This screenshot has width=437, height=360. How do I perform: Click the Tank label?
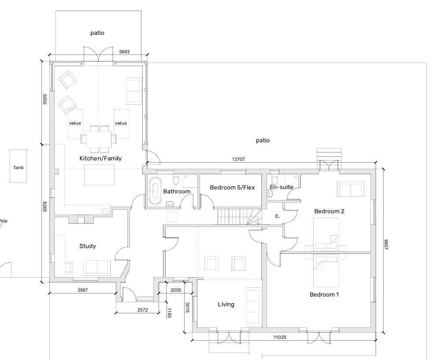point(19,167)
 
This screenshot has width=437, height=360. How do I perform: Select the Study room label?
point(88,246)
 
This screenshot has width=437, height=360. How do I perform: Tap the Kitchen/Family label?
point(100,159)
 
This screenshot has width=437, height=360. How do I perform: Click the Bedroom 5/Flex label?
point(233,187)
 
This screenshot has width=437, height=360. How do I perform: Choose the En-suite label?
point(281,187)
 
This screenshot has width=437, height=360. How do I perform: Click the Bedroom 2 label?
point(329,212)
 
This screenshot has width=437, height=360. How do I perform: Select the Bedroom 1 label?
point(324,295)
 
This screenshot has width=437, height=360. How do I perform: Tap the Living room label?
point(226,304)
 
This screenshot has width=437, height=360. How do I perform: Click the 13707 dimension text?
point(238,159)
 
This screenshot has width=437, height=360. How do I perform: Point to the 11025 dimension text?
point(280,338)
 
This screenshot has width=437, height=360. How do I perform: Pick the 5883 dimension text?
point(124,52)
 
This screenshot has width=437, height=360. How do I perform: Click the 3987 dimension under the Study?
point(82,290)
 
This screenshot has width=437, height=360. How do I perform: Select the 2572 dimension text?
point(142,310)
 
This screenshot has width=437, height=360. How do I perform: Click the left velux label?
point(75,123)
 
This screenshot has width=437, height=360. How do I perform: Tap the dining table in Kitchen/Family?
point(99,139)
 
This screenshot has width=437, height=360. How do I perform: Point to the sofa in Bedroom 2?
point(351,189)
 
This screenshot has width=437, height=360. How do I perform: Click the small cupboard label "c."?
point(277,216)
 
